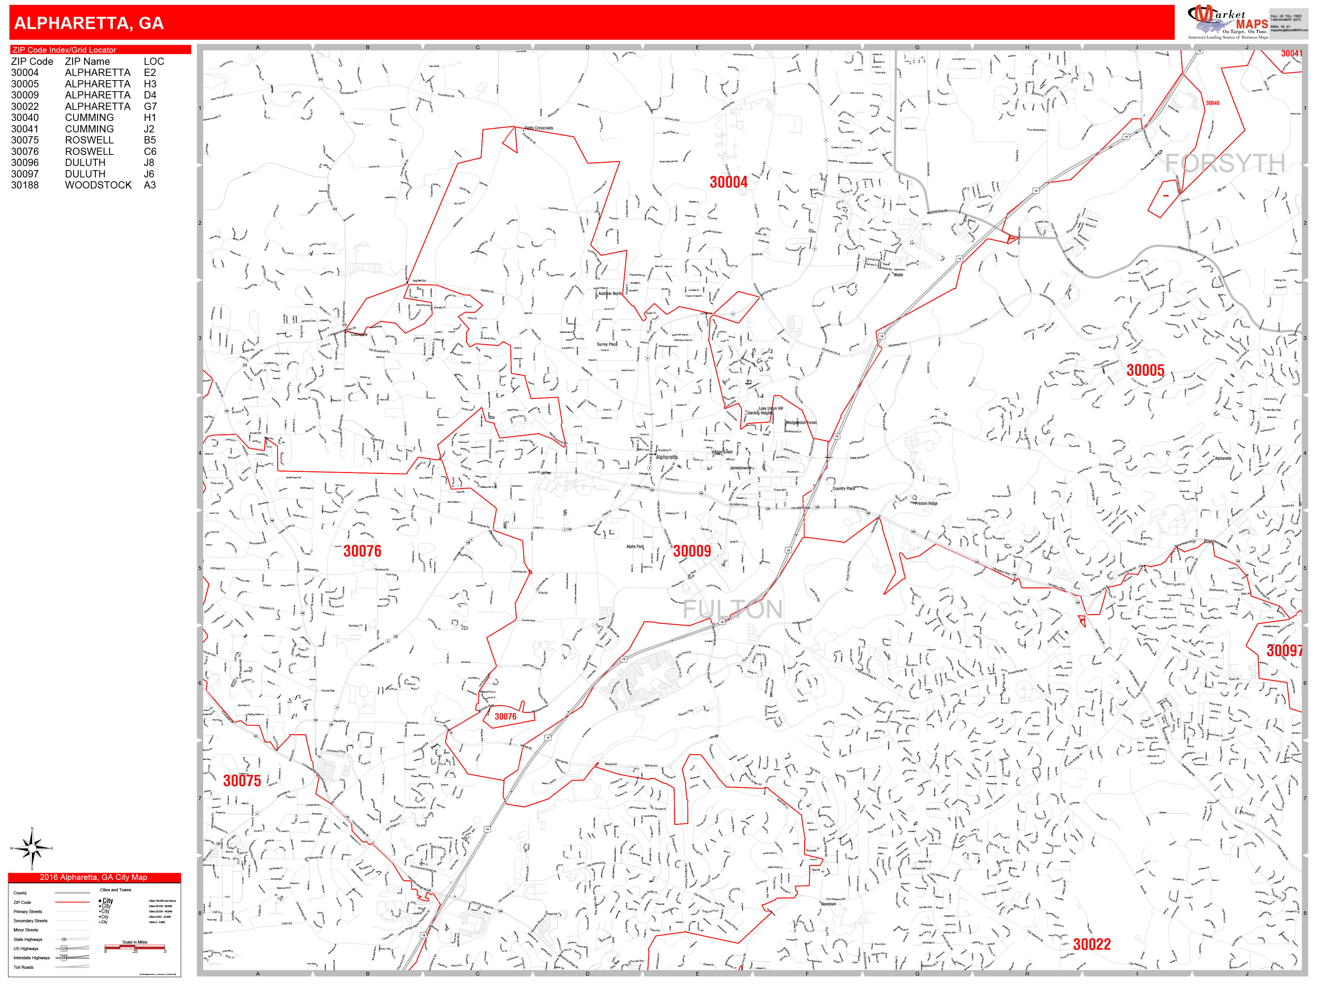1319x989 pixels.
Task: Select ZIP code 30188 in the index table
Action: pyautogui.click(x=25, y=185)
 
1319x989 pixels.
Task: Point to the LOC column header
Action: pyautogui.click(x=153, y=61)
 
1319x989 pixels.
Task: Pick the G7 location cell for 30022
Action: pyautogui.click(x=150, y=106)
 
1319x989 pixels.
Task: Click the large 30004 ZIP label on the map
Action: pyautogui.click(x=728, y=182)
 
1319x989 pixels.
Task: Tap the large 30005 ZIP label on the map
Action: pyautogui.click(x=1145, y=370)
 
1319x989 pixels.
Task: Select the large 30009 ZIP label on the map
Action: pyautogui.click(x=692, y=551)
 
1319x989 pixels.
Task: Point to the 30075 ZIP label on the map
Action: pyautogui.click(x=242, y=780)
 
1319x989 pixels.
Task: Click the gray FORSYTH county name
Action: pyautogui.click(x=1225, y=163)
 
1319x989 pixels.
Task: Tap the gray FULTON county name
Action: pyautogui.click(x=732, y=609)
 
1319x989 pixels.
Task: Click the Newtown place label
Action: pyautogui.click(x=828, y=904)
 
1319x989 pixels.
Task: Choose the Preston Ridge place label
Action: pyautogui.click(x=926, y=503)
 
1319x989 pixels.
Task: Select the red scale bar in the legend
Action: pyautogui.click(x=135, y=947)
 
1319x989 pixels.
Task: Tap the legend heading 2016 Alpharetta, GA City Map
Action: pyautogui.click(x=94, y=877)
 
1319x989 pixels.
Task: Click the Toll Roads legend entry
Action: pyautogui.click(x=24, y=967)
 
